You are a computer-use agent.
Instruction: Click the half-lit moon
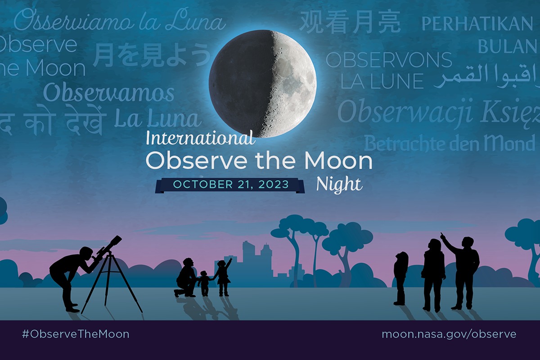click(263, 83)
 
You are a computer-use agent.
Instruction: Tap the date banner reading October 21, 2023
click(230, 185)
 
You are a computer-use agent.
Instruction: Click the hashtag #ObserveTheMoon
click(76, 334)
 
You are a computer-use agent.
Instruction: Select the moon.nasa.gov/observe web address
click(449, 334)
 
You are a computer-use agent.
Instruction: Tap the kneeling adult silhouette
click(186, 279)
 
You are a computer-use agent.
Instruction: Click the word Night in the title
click(339, 184)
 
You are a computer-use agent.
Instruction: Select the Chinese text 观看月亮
click(350, 22)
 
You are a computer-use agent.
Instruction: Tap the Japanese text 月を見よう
click(151, 55)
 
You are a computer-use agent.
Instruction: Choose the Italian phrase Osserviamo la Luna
click(120, 22)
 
